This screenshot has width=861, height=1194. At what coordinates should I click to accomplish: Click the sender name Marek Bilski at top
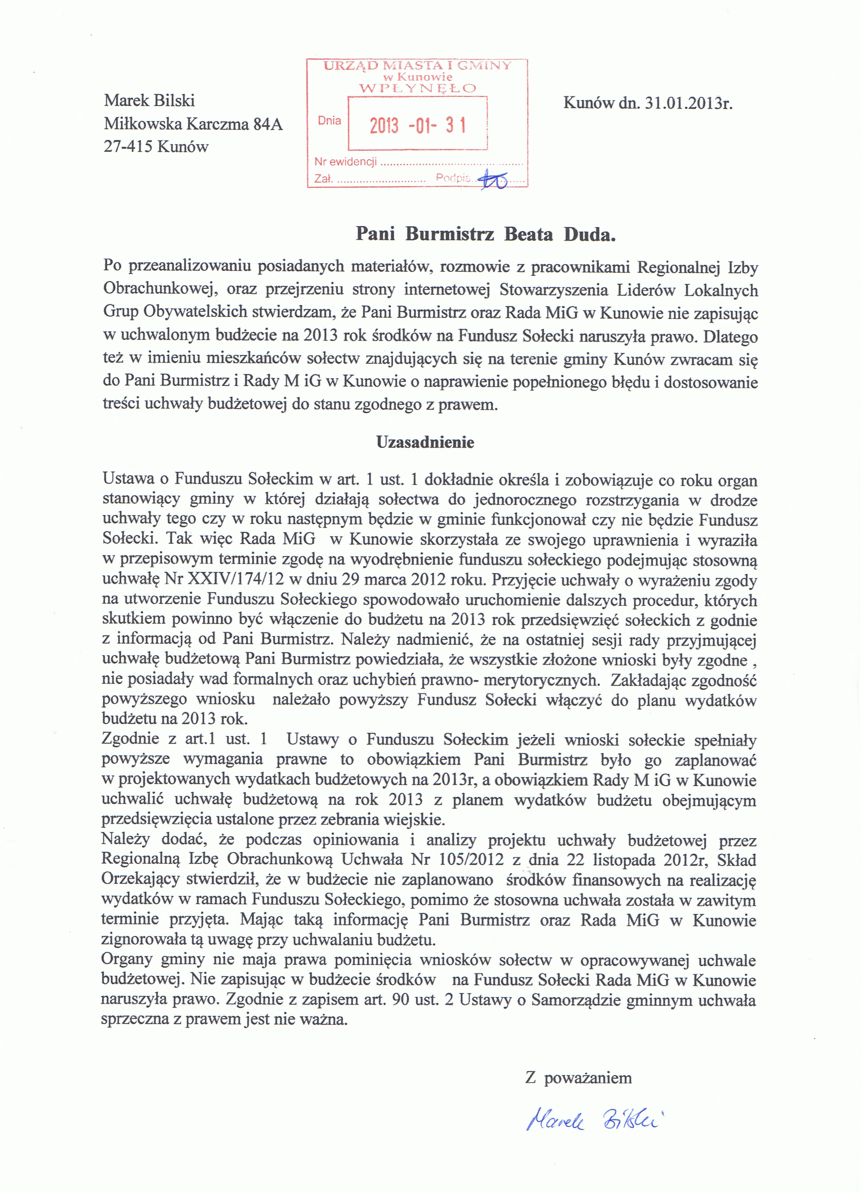[150, 100]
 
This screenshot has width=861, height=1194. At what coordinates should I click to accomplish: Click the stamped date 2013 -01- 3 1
[417, 125]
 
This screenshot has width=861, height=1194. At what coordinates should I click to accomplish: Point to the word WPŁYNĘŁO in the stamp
[417, 88]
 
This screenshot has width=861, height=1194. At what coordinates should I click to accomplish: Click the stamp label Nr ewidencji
[345, 162]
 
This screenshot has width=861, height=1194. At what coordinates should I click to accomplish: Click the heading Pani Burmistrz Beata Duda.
[486, 234]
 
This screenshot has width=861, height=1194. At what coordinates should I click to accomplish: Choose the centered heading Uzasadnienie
[425, 442]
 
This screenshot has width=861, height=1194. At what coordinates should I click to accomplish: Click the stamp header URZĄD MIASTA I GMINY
[417, 66]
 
